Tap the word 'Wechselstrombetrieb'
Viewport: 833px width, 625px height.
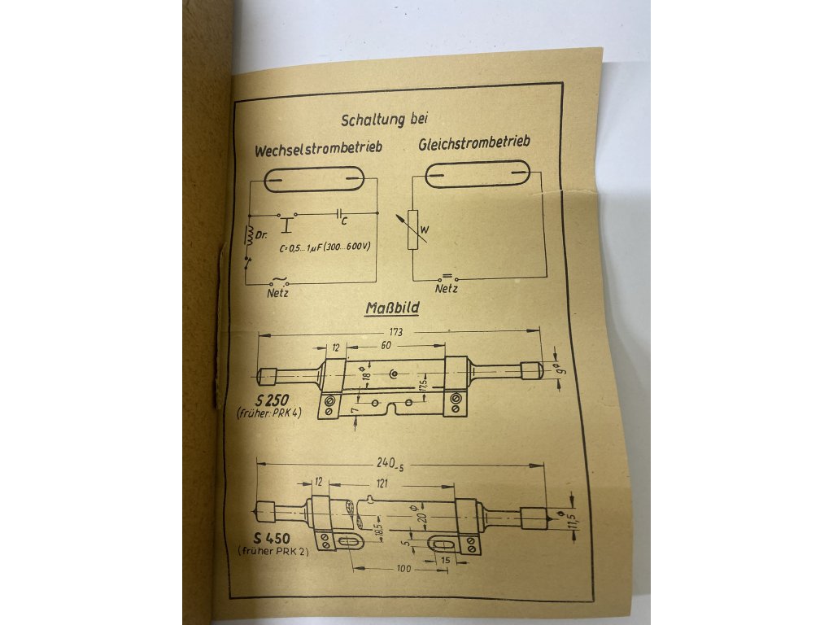[318, 151]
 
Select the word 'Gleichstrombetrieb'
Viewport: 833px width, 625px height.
[475, 144]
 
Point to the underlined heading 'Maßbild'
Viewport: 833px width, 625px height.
[392, 309]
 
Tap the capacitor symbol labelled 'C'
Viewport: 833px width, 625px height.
[339, 215]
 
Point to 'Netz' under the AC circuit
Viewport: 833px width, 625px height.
[278, 292]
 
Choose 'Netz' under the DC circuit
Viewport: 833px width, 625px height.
[446, 288]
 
